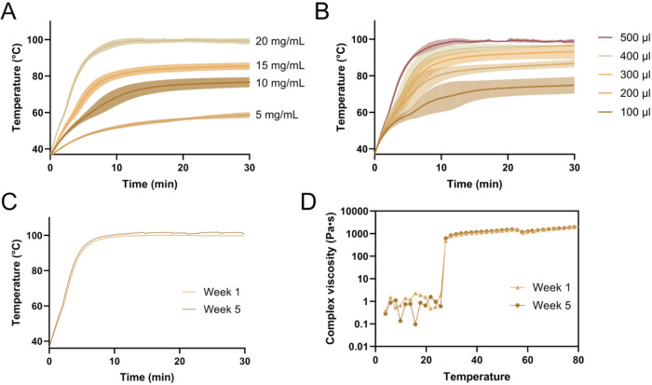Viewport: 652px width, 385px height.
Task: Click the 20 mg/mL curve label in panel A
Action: pyautogui.click(x=279, y=42)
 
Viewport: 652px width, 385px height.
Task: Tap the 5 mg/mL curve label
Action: pyautogui.click(x=277, y=115)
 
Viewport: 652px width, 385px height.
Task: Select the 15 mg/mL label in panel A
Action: pyautogui.click(x=279, y=66)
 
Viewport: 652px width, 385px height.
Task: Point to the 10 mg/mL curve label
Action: pyautogui.click(x=279, y=83)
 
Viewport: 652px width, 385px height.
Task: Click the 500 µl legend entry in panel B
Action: pyautogui.click(x=624, y=38)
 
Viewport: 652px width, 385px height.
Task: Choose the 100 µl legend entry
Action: pyautogui.click(x=624, y=112)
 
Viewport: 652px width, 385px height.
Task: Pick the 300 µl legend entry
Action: pyautogui.click(x=624, y=75)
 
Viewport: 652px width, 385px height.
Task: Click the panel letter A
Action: pyautogui.click(x=8, y=11)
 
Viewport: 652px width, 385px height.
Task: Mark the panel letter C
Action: pyautogui.click(x=9, y=202)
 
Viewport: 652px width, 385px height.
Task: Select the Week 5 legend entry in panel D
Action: pyautogui.click(x=541, y=306)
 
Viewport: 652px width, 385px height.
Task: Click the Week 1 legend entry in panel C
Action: pyautogui.click(x=211, y=292)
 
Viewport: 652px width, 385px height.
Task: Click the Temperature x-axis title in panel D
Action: pyautogui.click(x=477, y=378)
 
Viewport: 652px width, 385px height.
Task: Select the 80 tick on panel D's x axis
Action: pyautogui.click(x=578, y=360)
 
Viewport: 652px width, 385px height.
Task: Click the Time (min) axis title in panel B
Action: pyautogui.click(x=474, y=184)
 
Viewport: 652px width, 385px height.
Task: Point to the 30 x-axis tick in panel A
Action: pyautogui.click(x=249, y=168)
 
